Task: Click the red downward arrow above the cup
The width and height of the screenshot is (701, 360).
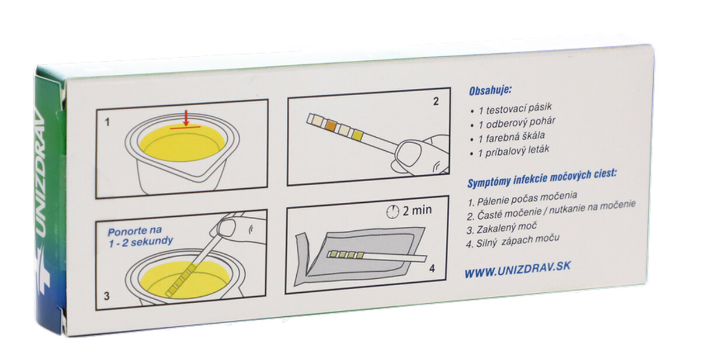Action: [186, 117]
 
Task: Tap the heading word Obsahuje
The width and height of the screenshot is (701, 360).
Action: [490, 91]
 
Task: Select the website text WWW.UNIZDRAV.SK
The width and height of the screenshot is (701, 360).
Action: [518, 269]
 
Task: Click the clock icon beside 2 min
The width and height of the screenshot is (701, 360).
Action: [393, 212]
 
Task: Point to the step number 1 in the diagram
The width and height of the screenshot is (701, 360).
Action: [107, 122]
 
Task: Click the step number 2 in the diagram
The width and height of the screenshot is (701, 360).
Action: [436, 102]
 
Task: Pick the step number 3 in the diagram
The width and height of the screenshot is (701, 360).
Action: [107, 296]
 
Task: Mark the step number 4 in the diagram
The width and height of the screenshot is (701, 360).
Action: [432, 268]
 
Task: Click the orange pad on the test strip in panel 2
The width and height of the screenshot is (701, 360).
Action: [331, 125]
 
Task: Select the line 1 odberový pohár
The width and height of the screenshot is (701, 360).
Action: [517, 123]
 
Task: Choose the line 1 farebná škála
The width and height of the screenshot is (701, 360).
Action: [512, 137]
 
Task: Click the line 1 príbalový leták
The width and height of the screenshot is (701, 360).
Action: [513, 151]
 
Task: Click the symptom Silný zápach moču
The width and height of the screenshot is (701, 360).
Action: [513, 241]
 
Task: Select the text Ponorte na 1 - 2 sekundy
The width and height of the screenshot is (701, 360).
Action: [140, 236]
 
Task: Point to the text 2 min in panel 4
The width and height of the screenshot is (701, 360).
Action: [417, 210]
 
